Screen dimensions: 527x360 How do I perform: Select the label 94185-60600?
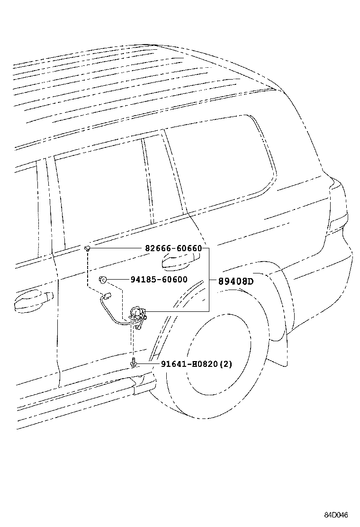coord(159,280)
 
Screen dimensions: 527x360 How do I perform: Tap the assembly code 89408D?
coord(236,281)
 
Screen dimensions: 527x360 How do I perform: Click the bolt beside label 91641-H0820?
coord(135,364)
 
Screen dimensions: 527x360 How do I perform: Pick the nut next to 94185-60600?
coord(102,280)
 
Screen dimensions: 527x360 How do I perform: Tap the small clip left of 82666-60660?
coord(88,248)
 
